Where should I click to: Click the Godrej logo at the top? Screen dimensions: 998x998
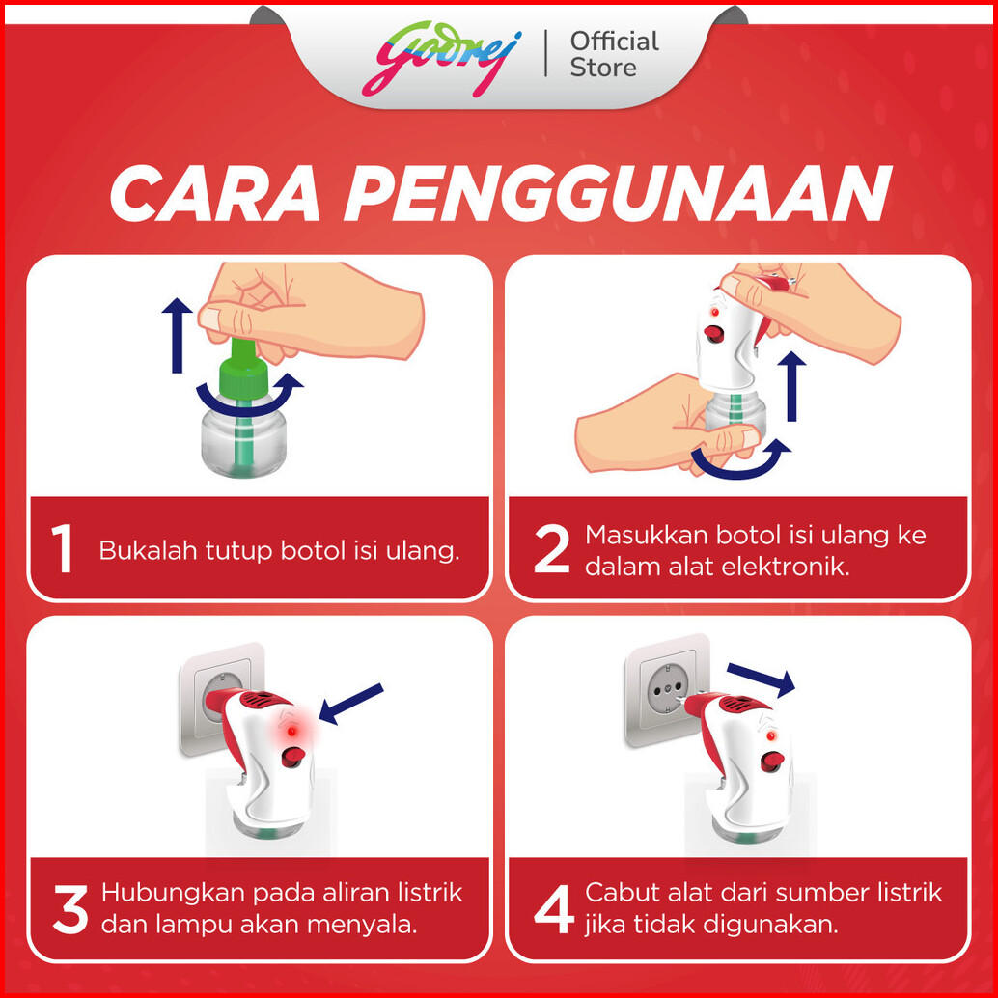click(442, 59)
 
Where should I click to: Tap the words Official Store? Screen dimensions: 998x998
click(614, 55)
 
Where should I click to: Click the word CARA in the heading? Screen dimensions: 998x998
click(215, 193)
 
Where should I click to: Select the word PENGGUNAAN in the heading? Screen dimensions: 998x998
click(618, 193)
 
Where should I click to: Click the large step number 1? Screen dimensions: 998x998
click(62, 548)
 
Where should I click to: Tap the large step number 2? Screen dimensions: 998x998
click(551, 548)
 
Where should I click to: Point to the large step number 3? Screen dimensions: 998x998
click(70, 910)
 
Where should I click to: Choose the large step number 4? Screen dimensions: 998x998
click(554, 910)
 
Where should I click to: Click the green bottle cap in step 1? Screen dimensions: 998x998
click(244, 371)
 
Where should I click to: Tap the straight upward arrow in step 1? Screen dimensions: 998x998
click(177, 335)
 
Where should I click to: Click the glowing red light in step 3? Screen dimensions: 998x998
click(291, 732)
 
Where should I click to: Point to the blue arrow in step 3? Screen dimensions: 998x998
click(350, 704)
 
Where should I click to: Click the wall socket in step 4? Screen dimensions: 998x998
click(665, 689)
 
